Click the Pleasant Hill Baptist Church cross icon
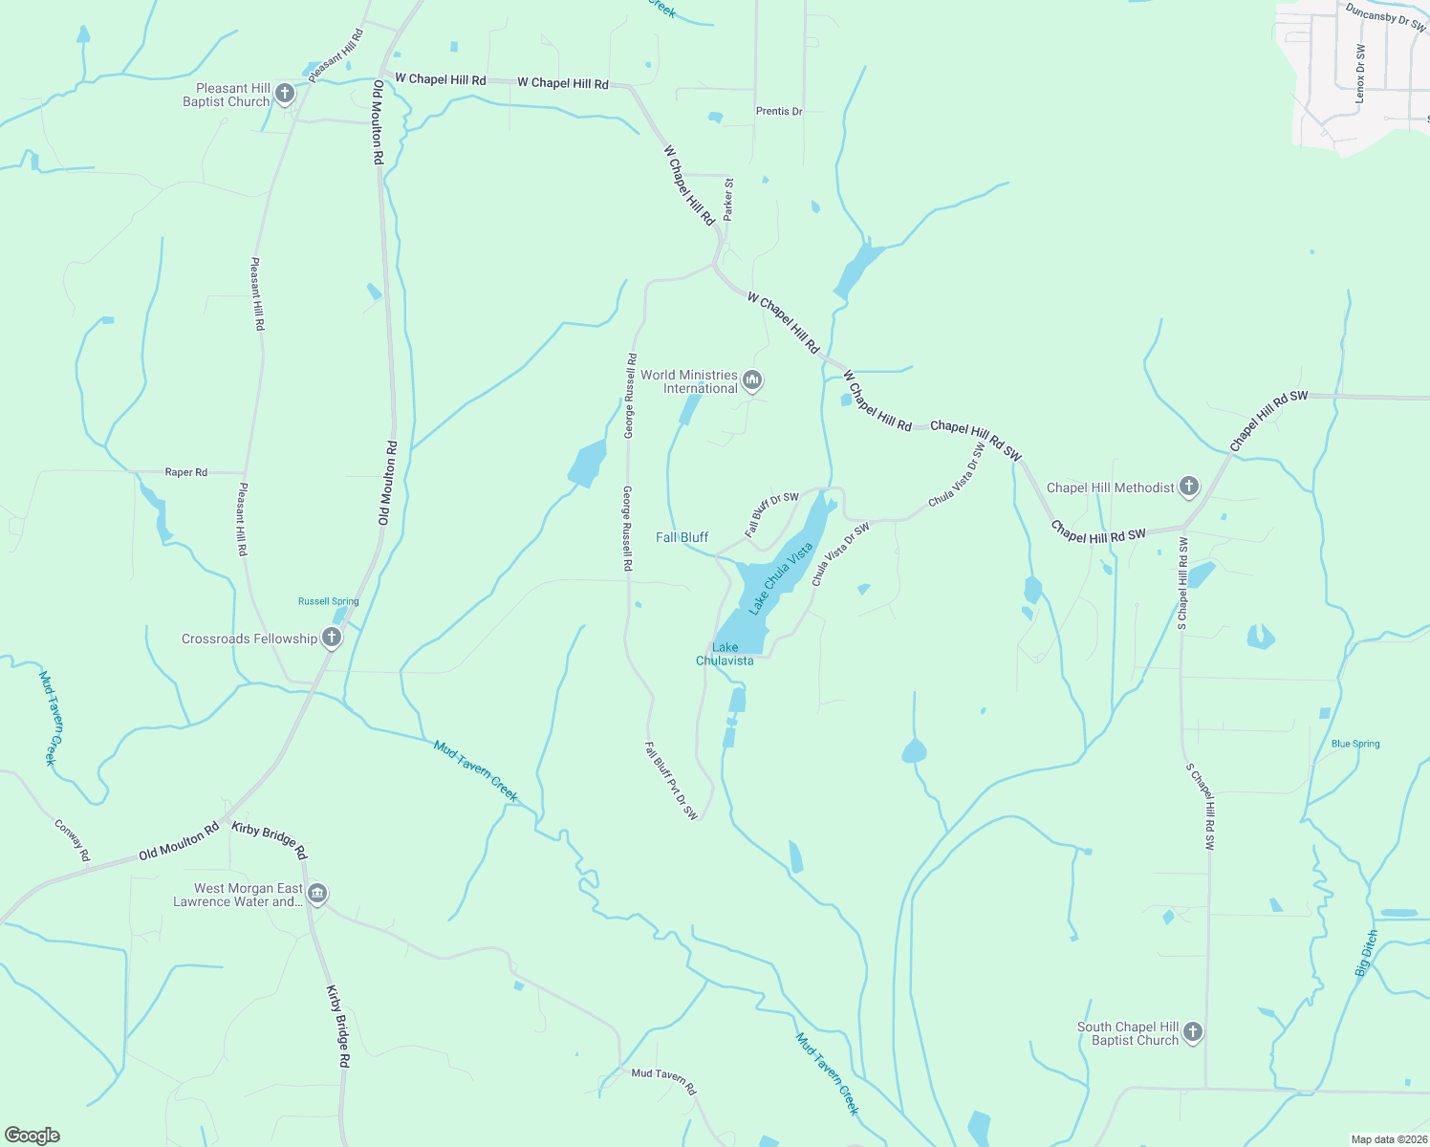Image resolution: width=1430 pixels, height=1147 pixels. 285,94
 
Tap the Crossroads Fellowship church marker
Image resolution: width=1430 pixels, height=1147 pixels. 332,638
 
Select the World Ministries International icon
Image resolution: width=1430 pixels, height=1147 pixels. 752,381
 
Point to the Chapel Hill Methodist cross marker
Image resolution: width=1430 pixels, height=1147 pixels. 1188,487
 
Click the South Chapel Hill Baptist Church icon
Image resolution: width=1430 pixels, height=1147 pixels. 1192,1032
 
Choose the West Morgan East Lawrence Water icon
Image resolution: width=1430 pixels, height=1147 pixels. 317,895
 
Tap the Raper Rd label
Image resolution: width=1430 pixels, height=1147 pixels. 186,472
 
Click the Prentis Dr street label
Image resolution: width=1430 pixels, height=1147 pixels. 779,112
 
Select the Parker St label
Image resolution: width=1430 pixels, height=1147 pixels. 728,200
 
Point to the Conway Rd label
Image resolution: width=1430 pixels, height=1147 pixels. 72,840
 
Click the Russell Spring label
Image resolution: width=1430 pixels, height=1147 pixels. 328,601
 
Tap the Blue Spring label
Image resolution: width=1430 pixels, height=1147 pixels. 1355,744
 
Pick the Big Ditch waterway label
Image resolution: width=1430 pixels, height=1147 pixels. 1367,953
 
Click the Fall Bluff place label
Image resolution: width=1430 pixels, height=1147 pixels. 682,537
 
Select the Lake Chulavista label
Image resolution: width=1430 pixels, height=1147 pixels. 725,654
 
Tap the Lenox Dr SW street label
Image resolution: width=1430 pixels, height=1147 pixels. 1360,74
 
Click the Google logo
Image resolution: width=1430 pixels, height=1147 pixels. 32,1136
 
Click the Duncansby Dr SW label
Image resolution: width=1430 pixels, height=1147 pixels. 1385,17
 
